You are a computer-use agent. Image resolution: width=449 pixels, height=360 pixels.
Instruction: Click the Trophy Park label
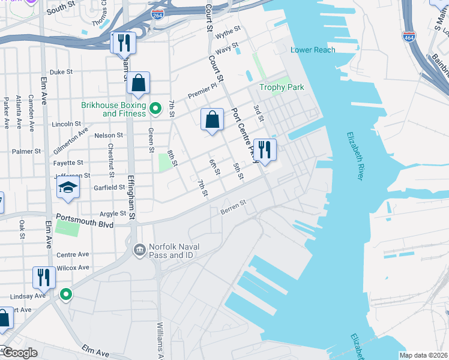coord(282,88)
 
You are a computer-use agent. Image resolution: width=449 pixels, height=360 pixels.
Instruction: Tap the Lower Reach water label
coord(313,50)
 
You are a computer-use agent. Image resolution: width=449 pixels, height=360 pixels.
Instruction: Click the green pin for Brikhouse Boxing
coord(155,109)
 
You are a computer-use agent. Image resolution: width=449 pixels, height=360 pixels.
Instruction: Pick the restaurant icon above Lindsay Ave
coord(43,277)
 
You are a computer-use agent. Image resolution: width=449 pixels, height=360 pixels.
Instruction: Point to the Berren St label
coord(234,206)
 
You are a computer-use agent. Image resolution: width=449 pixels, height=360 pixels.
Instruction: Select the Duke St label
coord(61,72)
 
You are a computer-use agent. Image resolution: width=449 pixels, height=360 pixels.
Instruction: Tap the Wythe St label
coord(228,29)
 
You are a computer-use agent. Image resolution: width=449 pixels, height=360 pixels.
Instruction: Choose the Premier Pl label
coord(202,91)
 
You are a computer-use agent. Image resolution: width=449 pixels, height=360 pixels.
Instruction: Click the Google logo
coord(19,353)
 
